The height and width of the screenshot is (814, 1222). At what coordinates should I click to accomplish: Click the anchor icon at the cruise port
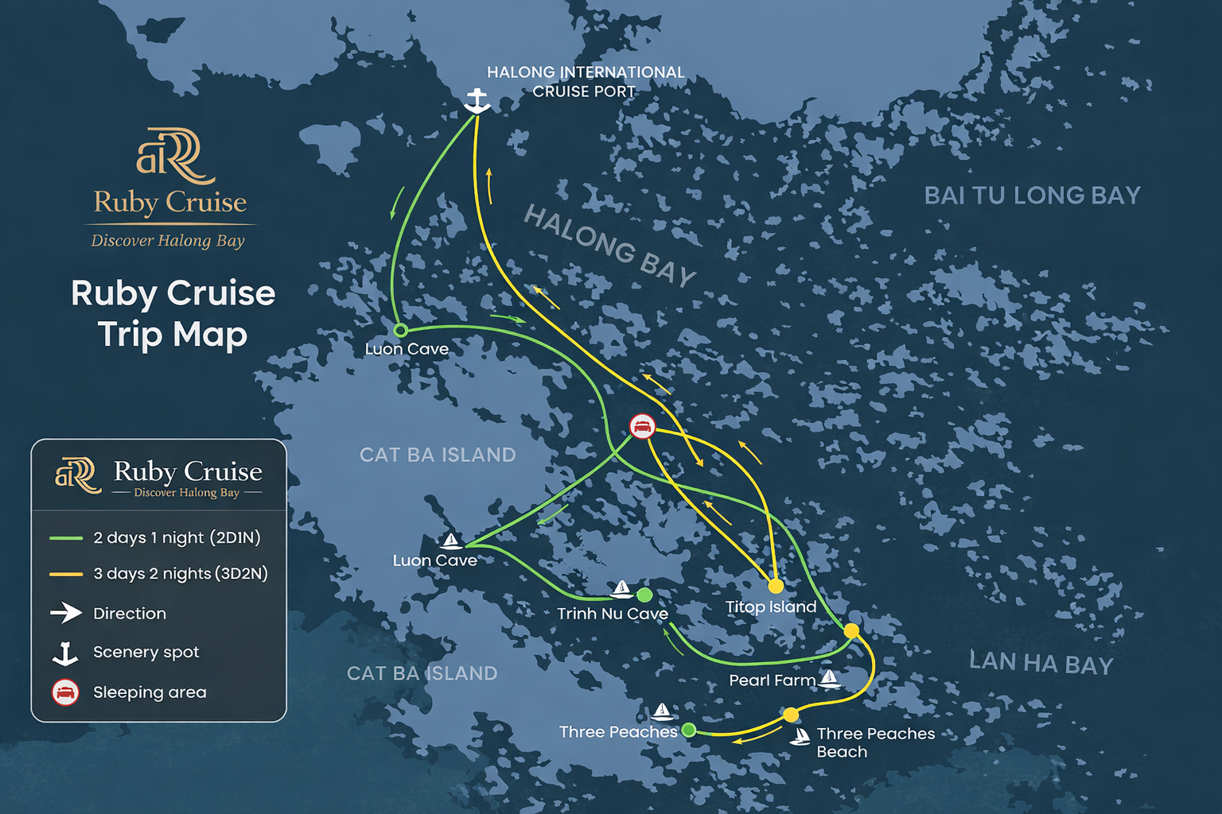(x=476, y=101)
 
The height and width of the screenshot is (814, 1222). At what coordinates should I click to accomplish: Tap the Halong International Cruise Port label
(x=585, y=82)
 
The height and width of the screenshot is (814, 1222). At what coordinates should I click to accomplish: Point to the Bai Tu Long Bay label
(x=1032, y=196)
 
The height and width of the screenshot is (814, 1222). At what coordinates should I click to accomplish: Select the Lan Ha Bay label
(x=1041, y=663)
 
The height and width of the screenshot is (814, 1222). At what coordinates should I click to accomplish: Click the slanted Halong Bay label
(x=609, y=245)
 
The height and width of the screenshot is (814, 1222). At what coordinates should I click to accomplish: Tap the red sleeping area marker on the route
(x=642, y=427)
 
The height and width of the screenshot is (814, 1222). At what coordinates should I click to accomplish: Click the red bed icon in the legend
(x=65, y=692)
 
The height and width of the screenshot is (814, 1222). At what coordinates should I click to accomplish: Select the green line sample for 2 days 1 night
(x=66, y=538)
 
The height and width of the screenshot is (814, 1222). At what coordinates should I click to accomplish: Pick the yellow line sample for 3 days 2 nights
(x=66, y=574)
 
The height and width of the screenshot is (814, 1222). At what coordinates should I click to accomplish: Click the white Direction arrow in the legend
(x=66, y=613)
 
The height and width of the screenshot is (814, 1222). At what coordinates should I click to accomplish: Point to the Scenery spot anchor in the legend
(x=65, y=653)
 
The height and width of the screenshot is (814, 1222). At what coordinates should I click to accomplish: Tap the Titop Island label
(x=771, y=607)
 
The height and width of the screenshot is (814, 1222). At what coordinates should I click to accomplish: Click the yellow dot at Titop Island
(x=776, y=587)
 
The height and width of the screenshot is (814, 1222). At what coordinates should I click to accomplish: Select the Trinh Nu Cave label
(x=612, y=614)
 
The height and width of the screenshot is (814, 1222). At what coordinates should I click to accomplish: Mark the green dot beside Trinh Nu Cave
(x=644, y=595)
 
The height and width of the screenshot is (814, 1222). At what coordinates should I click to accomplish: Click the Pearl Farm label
(x=772, y=680)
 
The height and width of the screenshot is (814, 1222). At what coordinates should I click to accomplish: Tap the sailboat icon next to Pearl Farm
(x=829, y=678)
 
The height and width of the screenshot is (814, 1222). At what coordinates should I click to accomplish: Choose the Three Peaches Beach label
(x=875, y=742)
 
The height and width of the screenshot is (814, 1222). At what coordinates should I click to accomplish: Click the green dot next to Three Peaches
(x=689, y=730)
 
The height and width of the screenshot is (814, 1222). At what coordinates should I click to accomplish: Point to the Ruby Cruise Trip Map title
(x=173, y=313)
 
